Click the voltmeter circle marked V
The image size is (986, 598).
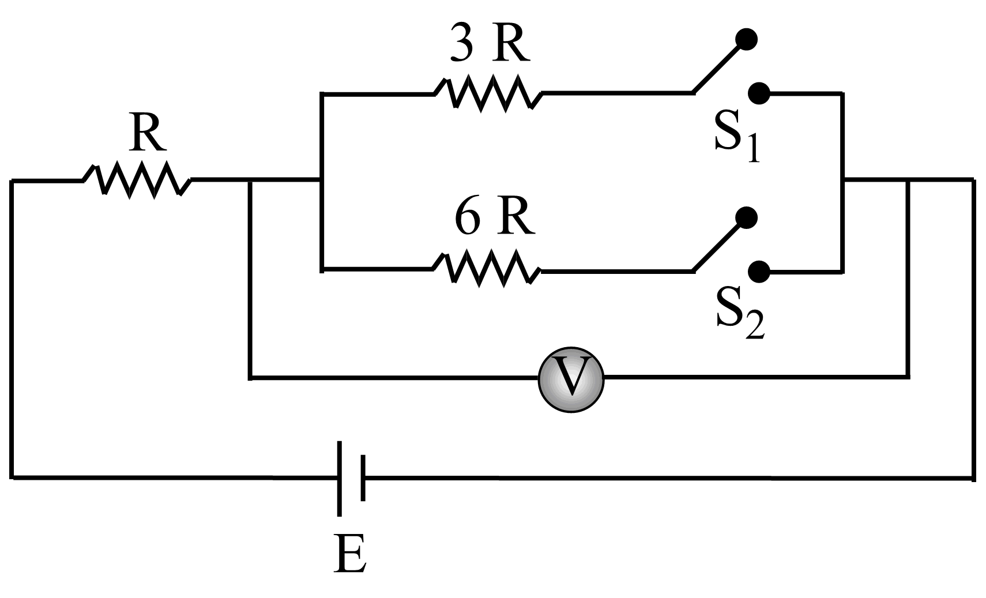pyautogui.click(x=571, y=379)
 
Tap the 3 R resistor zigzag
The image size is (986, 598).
pyautogui.click(x=488, y=93)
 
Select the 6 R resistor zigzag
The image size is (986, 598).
pyautogui.click(x=487, y=269)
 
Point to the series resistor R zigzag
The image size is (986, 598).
pyautogui.click(x=137, y=180)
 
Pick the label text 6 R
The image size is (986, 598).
pyautogui.click(x=494, y=219)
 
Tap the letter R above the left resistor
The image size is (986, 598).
pyautogui.click(x=148, y=134)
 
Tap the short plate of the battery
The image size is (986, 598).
pyautogui.click(x=363, y=478)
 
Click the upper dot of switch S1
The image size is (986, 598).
pyautogui.click(x=747, y=39)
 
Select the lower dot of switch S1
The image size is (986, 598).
pyautogui.click(x=759, y=93)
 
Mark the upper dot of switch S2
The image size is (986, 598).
pyautogui.click(x=747, y=217)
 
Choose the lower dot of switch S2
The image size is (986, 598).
pyautogui.click(x=759, y=270)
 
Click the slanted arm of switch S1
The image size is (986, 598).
pyautogui.click(x=718, y=67)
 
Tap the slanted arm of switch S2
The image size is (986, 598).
pyautogui.click(x=718, y=245)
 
